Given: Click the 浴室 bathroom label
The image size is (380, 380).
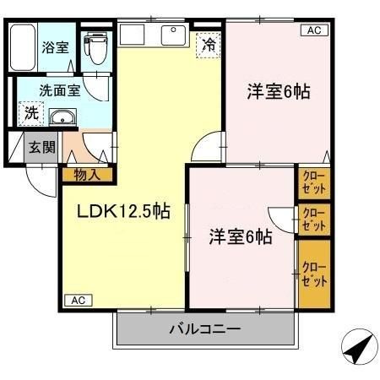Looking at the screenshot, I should click(56, 47).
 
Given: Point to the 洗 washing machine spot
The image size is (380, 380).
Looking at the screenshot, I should click(30, 111).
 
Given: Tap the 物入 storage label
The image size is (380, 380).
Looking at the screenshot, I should click(87, 176).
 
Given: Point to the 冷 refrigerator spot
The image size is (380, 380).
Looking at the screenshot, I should click(207, 46).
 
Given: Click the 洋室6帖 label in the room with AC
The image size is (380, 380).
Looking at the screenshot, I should click(277, 91).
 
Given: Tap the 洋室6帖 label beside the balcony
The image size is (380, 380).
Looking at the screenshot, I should click(240, 237).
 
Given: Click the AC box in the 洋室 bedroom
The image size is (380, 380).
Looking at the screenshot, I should click(312, 31).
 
